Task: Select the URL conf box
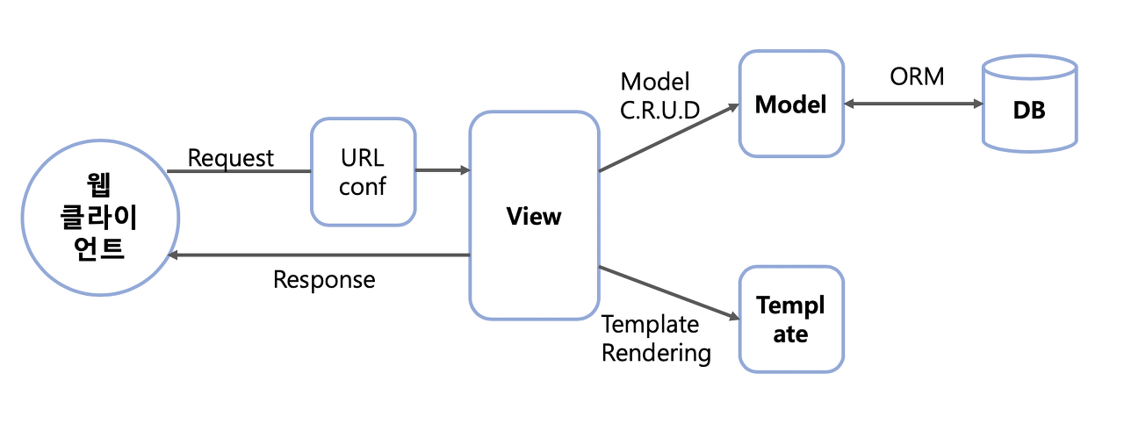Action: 363,172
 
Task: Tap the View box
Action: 534,216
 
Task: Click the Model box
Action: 790,104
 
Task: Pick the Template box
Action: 790,319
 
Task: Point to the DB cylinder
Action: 1029,104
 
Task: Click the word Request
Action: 231,158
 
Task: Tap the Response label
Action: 324,280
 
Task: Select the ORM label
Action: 917,77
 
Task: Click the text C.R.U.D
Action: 660,111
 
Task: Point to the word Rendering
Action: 656,353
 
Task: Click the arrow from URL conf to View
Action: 442,170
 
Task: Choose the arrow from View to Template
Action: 667,293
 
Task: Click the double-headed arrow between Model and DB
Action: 912,104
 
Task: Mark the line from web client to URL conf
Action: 239,171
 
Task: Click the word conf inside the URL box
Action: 363,187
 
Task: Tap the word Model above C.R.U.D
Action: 655,82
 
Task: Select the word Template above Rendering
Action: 650,325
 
